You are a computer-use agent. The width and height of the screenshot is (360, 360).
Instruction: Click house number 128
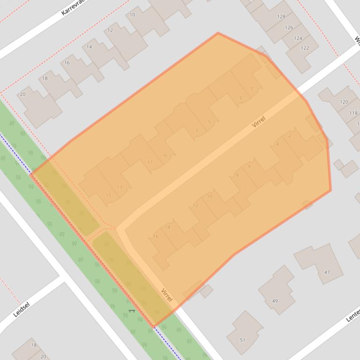click(281, 16)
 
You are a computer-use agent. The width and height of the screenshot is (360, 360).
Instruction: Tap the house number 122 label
click(305, 48)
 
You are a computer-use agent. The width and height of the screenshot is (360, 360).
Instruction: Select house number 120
click(344, 101)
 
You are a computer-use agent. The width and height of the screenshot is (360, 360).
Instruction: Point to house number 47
click(327, 272)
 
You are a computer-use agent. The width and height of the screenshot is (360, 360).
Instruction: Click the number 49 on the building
click(275, 301)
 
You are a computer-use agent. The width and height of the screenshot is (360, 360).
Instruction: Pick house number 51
click(242, 340)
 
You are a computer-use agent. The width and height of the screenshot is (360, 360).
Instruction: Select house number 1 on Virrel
click(252, 89)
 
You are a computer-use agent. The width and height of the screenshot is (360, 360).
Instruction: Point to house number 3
click(241, 98)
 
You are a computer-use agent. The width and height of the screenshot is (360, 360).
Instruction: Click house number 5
click(209, 122)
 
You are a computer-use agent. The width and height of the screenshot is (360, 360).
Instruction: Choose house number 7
click(197, 131)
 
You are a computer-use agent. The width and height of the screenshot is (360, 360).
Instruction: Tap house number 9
click(165, 156)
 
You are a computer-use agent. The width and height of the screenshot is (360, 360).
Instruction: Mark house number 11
click(150, 163)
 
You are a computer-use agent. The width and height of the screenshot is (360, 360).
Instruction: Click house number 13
click(119, 187)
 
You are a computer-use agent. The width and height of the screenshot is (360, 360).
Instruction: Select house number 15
click(109, 195)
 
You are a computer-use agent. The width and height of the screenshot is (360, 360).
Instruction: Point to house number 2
click(290, 136)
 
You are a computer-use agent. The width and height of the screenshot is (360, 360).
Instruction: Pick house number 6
click(250, 166)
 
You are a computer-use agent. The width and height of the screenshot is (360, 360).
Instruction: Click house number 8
click(237, 175)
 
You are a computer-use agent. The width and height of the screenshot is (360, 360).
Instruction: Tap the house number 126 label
click(289, 28)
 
